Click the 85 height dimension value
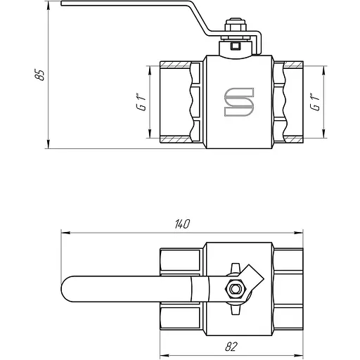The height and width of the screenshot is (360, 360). coord(39,75)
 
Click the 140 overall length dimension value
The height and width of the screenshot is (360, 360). coord(182,224)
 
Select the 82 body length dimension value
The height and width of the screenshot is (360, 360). coord(231,347)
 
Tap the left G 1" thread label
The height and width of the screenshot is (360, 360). coord(141,102)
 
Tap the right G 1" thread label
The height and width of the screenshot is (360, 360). coord(315,102)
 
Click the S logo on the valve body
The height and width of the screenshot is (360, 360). coord(239,102)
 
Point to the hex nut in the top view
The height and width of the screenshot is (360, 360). coord(235,288)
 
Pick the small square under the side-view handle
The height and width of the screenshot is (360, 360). coord(235,46)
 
